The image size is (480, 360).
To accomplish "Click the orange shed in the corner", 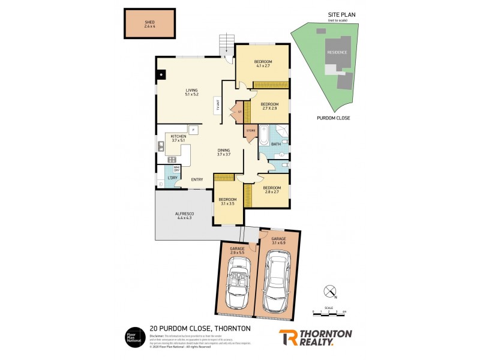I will pos(149,25).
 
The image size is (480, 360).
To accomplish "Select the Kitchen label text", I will pos(178,137).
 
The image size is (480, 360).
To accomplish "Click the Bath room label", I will pos(276,144).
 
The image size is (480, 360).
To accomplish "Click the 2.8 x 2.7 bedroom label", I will pos(271,189).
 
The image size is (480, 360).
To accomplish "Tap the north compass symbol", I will pos(329,291).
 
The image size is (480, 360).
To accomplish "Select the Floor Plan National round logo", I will pos(134,337).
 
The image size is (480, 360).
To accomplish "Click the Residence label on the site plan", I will pos(337,53).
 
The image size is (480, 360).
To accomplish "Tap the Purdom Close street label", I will pos(333,118).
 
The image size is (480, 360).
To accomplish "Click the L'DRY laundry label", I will pos(173,178).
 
